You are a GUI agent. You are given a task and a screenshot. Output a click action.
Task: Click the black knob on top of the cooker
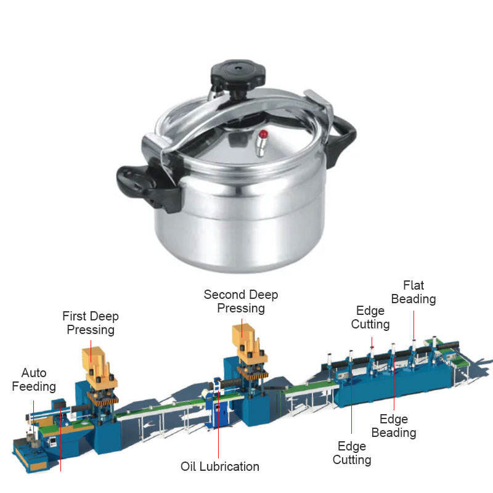pyautogui.click(x=238, y=76)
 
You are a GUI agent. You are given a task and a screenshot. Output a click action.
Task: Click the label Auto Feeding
pyautogui.click(x=34, y=380)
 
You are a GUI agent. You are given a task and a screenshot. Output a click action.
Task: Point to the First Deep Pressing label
pyautogui.click(x=91, y=323)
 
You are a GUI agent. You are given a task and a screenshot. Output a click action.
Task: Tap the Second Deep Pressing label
pyautogui.click(x=241, y=301)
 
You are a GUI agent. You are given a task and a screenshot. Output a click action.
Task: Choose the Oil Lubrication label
pyautogui.click(x=220, y=467)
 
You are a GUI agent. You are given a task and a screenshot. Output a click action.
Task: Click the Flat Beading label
pyautogui.click(x=414, y=292)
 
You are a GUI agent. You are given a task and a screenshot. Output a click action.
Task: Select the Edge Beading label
pyautogui.click(x=394, y=426)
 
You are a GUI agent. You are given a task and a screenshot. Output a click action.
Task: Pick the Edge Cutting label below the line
pyautogui.click(x=352, y=453)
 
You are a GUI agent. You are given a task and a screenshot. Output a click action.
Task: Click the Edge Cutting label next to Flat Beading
pyautogui.click(x=370, y=317)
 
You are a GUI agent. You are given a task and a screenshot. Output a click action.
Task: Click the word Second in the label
pyautogui.click(x=224, y=295)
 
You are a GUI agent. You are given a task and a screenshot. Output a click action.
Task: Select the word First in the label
pyautogui.click(x=74, y=316)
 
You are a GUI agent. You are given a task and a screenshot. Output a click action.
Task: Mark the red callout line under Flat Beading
pyautogui.click(x=414, y=325)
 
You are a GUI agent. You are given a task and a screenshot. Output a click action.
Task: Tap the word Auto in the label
pyautogui.click(x=34, y=373)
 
